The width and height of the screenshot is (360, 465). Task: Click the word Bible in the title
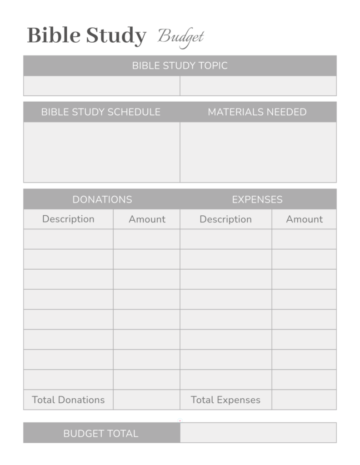tap(54, 35)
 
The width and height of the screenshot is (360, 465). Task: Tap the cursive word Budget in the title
tap(180, 36)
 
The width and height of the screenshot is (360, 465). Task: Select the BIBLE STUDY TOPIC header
tap(180, 65)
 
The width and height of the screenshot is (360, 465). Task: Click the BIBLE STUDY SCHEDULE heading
tap(101, 112)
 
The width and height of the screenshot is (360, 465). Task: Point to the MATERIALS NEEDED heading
tap(257, 112)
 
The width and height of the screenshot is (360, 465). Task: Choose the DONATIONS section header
tap(102, 199)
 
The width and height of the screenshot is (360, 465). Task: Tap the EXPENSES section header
tap(257, 199)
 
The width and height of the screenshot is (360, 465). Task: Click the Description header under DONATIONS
tap(68, 219)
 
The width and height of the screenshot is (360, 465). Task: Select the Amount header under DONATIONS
tap(147, 219)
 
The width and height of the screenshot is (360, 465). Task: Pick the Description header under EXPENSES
tap(225, 219)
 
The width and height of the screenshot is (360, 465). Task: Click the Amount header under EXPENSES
tap(304, 219)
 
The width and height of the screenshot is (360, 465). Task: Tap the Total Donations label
tap(68, 400)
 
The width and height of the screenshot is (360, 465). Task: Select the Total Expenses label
tap(225, 400)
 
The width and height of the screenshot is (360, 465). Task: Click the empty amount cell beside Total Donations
tap(146, 400)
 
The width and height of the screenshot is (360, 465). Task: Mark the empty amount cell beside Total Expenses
tap(304, 400)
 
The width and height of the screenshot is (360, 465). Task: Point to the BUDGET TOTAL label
tap(101, 433)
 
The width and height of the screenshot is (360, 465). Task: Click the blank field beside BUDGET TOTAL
tap(258, 433)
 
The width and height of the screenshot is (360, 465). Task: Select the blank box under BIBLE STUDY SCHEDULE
tap(101, 152)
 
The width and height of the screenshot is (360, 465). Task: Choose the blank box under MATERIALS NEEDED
tap(258, 152)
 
